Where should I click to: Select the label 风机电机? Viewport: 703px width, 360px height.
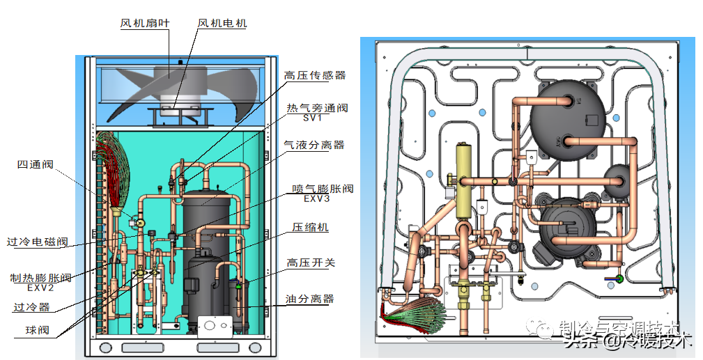(x=222, y=23)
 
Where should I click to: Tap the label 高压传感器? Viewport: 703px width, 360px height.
(x=315, y=75)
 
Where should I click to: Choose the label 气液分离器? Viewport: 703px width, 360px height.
(x=314, y=145)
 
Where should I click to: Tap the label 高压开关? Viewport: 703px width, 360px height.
(x=311, y=263)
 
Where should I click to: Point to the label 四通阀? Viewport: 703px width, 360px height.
(x=36, y=164)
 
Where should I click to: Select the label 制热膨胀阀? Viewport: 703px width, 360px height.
(x=41, y=277)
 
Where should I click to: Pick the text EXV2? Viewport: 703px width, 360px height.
(x=40, y=287)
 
